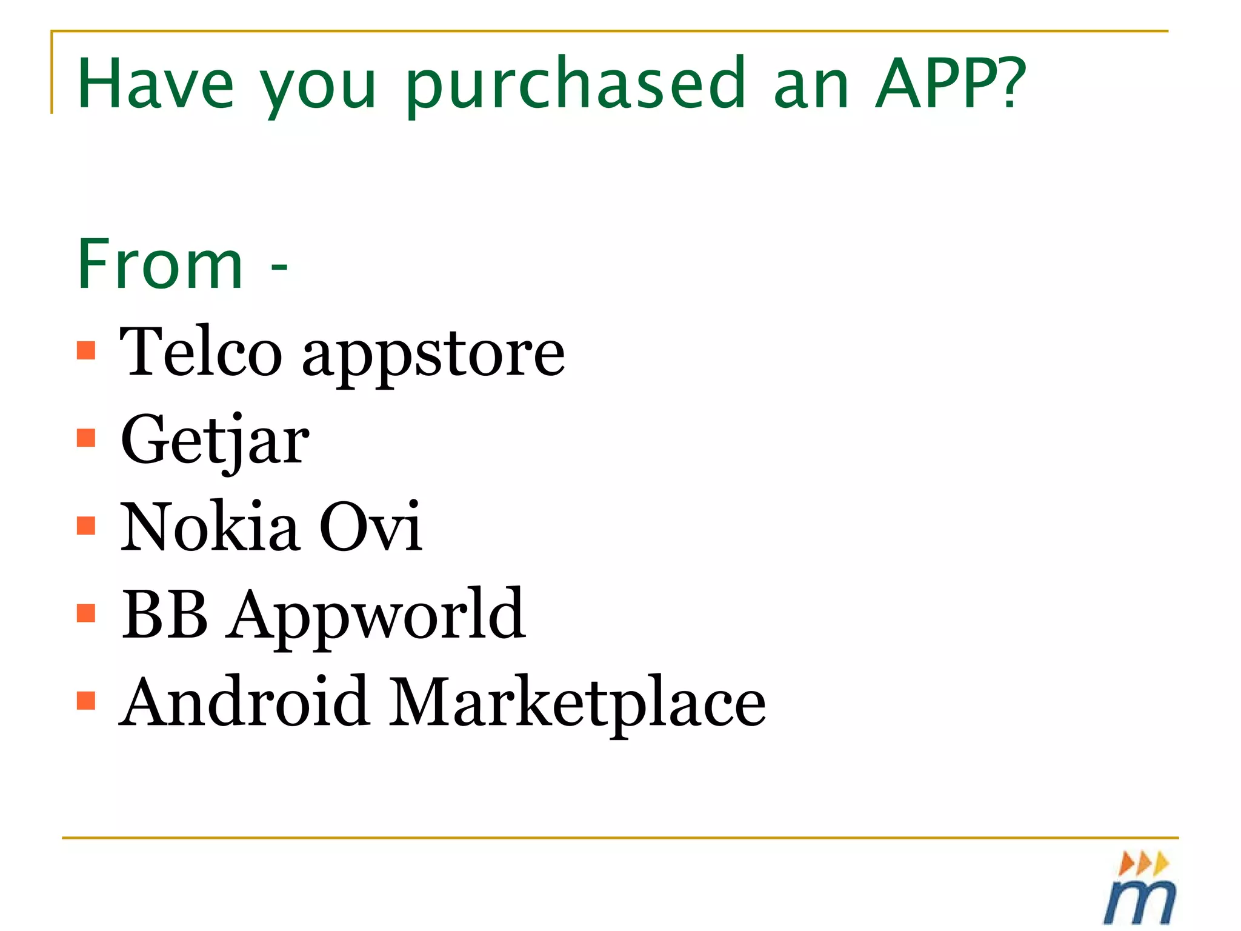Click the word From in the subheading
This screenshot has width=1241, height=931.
(x=160, y=264)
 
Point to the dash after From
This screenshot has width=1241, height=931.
(x=279, y=267)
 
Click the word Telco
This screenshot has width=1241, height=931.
(x=201, y=352)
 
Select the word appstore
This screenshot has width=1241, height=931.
(x=433, y=358)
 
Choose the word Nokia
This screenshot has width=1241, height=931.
(x=210, y=527)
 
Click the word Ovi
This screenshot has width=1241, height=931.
(x=370, y=527)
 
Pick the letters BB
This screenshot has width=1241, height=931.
(x=165, y=614)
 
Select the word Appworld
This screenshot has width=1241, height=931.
(x=376, y=617)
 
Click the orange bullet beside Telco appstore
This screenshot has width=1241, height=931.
(x=87, y=350)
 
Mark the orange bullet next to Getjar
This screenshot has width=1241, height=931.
(x=87, y=438)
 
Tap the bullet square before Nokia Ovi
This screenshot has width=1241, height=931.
(x=87, y=526)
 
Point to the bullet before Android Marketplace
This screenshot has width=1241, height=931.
(x=87, y=700)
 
